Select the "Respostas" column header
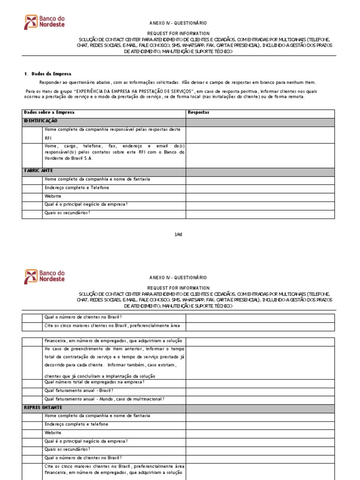pyautogui.click(x=198, y=113)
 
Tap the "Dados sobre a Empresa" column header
pyautogui.click(x=49, y=113)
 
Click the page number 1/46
pyautogui.click(x=178, y=234)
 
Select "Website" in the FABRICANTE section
pyautogui.click(x=53, y=196)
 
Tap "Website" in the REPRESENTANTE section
pyautogui.click(x=53, y=433)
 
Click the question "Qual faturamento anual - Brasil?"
pyautogui.click(x=79, y=390)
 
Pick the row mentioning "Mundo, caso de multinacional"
pyautogui.click(x=104, y=399)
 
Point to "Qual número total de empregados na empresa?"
pyautogui.click(x=94, y=382)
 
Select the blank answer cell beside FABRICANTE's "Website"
pyautogui.click(x=260, y=196)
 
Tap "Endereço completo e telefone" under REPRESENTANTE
pyautogui.click(x=76, y=424)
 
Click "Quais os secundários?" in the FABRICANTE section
pyautogui.click(x=67, y=213)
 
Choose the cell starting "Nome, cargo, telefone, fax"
pyautogui.click(x=114, y=152)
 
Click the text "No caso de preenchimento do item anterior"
pyautogui.click(x=114, y=349)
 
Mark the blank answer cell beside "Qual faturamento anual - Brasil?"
pyautogui.click(x=260, y=391)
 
